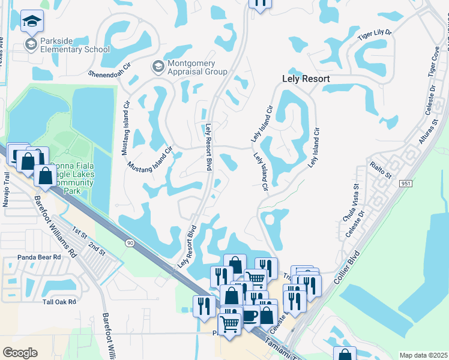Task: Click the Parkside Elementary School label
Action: (75, 45)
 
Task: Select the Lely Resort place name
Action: (306, 79)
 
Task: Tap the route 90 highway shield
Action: (129, 242)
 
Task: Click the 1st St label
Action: (79, 231)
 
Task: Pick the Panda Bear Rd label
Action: (40, 256)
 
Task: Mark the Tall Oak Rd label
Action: (59, 301)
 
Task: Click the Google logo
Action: (20, 353)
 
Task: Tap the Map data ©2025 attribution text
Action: (423, 355)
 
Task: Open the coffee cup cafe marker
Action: (250, 317)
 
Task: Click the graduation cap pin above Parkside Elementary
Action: (31, 22)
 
